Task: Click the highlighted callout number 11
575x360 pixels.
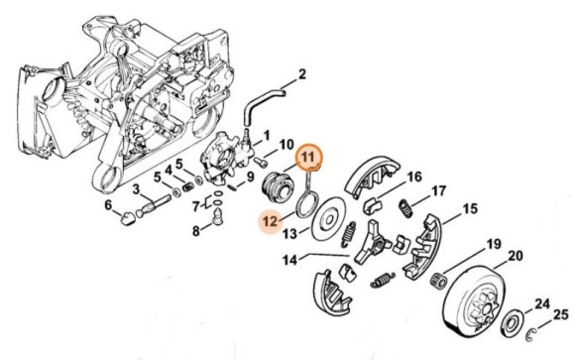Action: point(307,156)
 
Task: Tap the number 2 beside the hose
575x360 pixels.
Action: point(302,74)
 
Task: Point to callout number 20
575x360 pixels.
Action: point(515,256)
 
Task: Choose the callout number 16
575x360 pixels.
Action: point(414,176)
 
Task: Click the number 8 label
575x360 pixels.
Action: point(196,231)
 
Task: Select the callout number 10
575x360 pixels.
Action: point(286,145)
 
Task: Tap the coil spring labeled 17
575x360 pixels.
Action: point(405,206)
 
